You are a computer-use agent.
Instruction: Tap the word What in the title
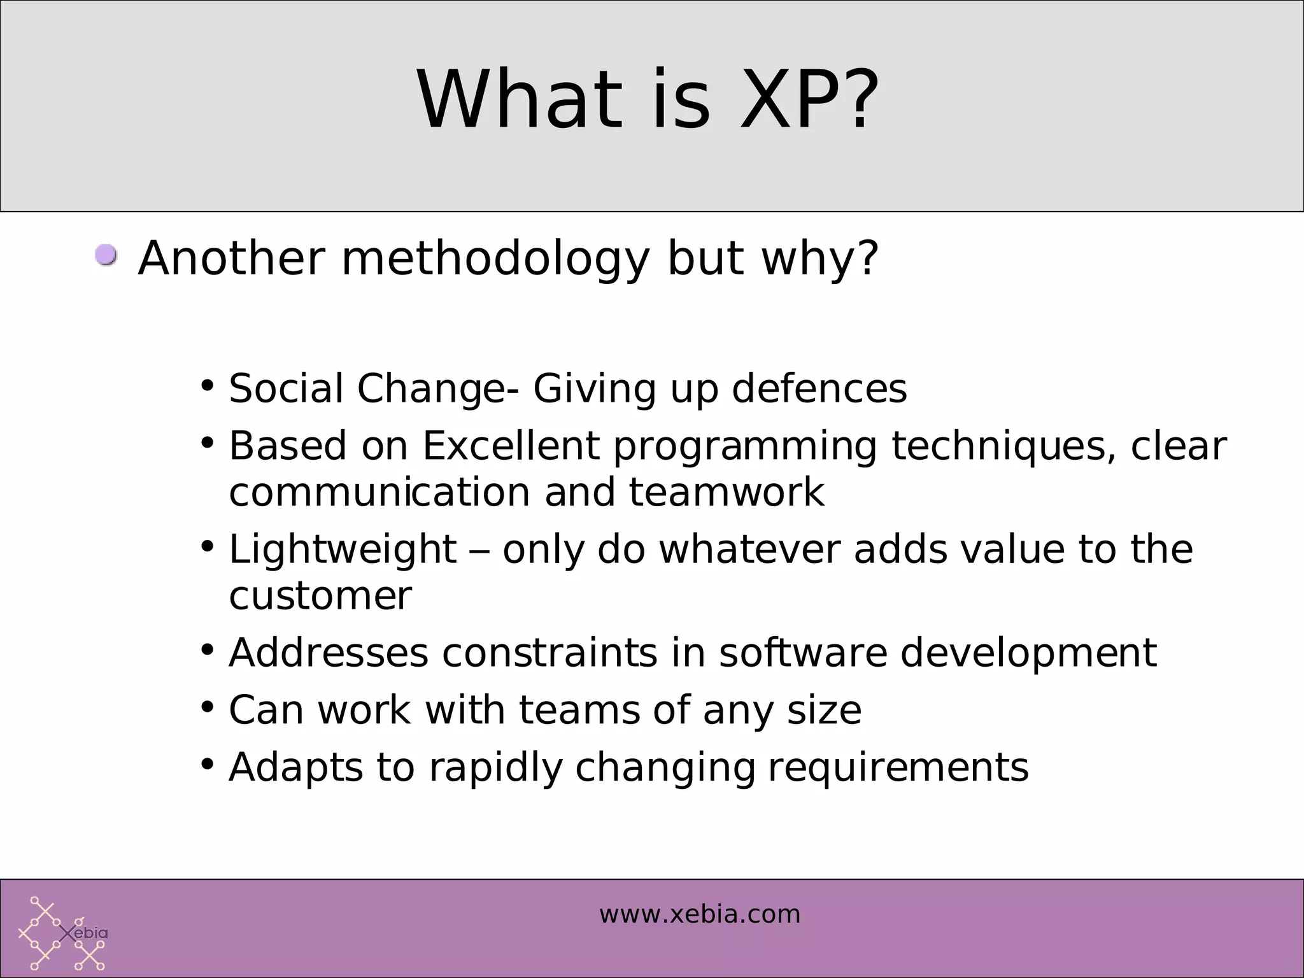point(519,101)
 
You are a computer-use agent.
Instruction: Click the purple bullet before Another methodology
point(106,255)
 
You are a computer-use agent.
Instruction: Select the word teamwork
point(726,492)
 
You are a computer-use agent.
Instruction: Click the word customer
point(320,596)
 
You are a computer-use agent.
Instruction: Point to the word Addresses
point(329,653)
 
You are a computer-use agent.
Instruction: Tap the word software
point(803,653)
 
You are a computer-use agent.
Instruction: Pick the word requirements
point(898,767)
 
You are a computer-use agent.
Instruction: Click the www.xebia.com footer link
point(699,914)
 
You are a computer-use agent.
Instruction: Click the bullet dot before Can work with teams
point(207,707)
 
